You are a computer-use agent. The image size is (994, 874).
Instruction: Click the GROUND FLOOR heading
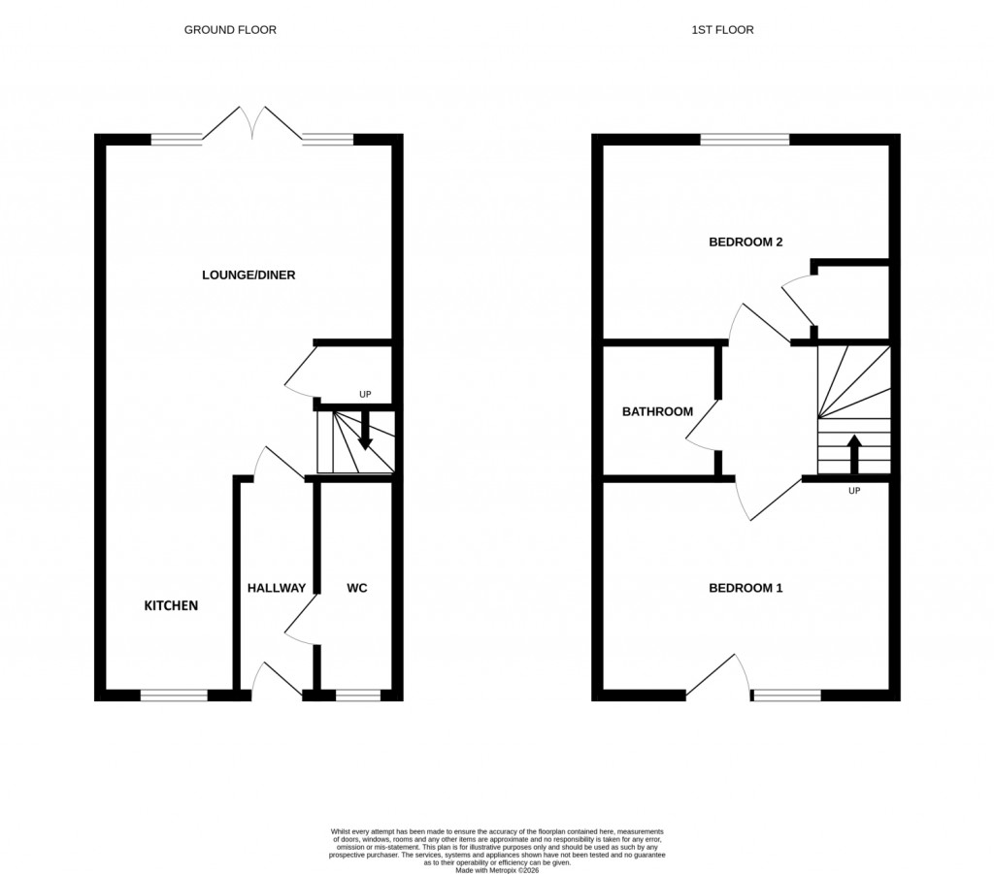coord(230,30)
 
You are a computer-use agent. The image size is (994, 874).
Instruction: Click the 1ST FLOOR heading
coord(722,30)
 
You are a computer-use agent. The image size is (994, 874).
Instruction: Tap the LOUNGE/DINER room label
coord(248,275)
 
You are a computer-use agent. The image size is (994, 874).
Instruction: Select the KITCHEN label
coord(171,606)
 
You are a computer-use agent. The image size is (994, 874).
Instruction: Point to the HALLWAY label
coord(277,588)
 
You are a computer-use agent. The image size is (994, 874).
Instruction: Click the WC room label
coord(356,588)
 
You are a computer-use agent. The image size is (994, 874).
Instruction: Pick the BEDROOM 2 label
coord(745,243)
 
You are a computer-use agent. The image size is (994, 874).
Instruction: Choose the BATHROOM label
coord(657,412)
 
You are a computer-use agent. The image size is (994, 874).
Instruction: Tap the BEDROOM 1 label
coord(745,588)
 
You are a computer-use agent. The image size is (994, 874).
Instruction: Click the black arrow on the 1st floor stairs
coord(854,452)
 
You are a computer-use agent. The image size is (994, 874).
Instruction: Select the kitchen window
coord(174,695)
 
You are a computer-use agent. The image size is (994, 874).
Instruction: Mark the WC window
coord(358,695)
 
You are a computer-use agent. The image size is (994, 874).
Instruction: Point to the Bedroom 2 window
coord(745,140)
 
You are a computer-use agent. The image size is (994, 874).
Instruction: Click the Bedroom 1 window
coord(786,695)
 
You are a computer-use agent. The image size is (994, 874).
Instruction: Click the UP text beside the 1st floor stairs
coord(854,491)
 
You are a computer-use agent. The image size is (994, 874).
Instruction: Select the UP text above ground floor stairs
coord(365,395)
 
